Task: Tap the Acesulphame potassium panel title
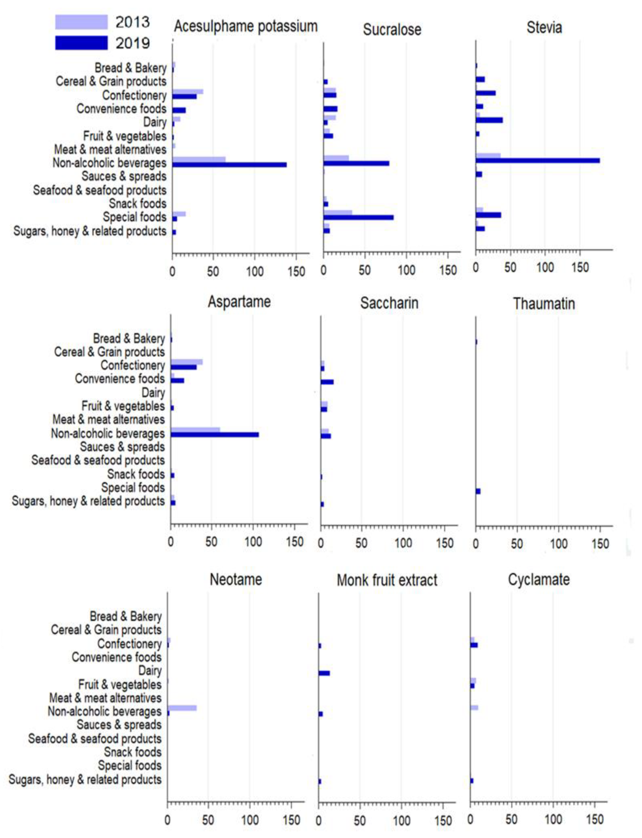tap(246, 26)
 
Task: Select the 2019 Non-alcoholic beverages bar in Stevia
tap(537, 160)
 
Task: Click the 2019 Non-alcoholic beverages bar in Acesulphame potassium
tap(229, 165)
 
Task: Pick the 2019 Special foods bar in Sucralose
tap(358, 217)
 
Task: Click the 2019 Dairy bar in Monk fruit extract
tap(324, 673)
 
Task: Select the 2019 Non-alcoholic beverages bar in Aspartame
tap(215, 435)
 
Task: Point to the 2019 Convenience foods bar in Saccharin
tap(327, 382)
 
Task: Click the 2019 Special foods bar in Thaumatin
tap(478, 491)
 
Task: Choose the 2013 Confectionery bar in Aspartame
tap(187, 362)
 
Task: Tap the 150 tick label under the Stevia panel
tap(580, 267)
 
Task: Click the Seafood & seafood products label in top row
tap(100, 190)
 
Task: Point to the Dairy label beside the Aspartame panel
tap(153, 393)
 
